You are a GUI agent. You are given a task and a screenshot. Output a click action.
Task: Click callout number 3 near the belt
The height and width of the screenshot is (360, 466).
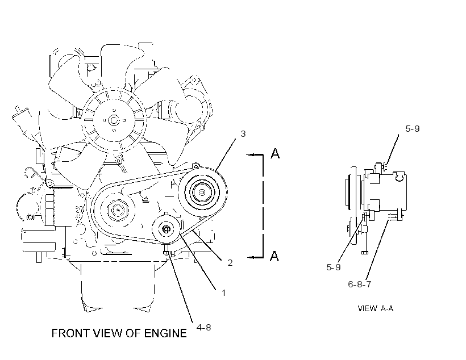coord(243,134)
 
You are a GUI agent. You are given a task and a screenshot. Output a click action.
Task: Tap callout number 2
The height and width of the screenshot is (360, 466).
coord(230,262)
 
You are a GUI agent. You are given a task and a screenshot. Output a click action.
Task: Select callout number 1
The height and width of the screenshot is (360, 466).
coord(223,293)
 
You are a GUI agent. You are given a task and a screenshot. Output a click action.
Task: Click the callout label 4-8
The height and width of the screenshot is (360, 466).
coord(204,327)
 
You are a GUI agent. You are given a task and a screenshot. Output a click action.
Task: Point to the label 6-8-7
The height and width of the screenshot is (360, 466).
coord(360,284)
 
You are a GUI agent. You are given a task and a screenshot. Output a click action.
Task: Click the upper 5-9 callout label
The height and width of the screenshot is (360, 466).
coord(413,129)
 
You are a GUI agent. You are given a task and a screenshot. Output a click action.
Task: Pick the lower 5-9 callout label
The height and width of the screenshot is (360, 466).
coord(334,267)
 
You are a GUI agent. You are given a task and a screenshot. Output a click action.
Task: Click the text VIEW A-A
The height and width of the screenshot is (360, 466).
coord(375,308)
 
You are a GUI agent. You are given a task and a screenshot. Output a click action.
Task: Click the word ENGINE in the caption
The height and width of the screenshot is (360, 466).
coord(165,333)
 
